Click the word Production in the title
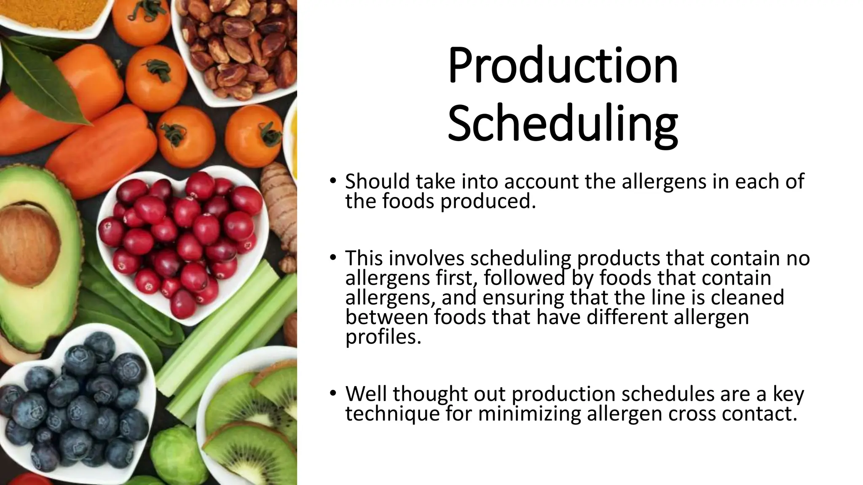[x=563, y=66]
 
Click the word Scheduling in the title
[x=563, y=123]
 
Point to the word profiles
[x=383, y=337]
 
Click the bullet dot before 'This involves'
[x=333, y=257]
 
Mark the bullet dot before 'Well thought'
[x=333, y=393]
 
